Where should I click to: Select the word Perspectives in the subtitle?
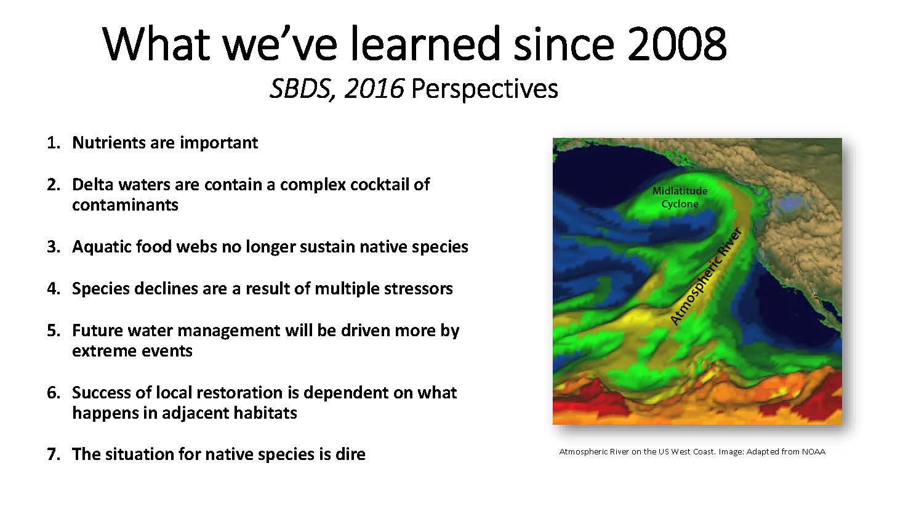click(484, 89)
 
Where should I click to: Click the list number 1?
click(53, 143)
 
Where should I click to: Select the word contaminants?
click(125, 205)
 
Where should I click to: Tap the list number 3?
click(53, 247)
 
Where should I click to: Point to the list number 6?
click(53, 393)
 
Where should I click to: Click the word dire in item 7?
click(350, 454)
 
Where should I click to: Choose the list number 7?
click(53, 454)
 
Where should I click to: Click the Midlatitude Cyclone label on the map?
click(680, 198)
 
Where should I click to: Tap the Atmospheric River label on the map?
click(706, 276)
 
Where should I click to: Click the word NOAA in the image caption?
click(814, 452)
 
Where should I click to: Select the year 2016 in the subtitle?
click(374, 89)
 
